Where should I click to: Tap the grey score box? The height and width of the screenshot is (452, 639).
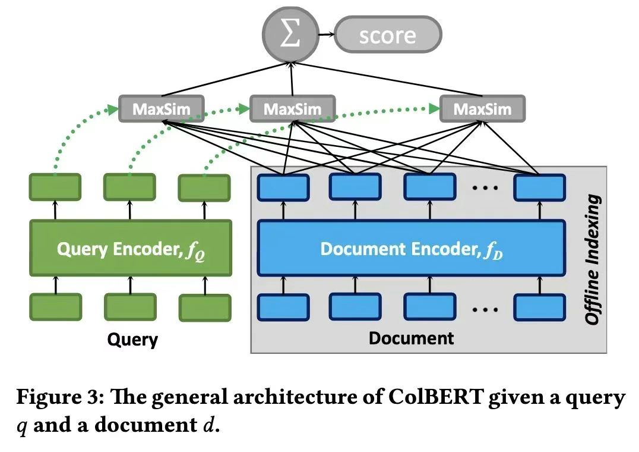[388, 35]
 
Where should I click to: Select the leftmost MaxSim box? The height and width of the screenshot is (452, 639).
[162, 109]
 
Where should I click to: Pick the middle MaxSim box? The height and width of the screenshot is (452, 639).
[292, 109]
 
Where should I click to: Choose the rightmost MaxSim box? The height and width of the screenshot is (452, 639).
[482, 109]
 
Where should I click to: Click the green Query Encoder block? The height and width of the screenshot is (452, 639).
[130, 248]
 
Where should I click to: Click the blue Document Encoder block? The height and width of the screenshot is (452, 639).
[411, 248]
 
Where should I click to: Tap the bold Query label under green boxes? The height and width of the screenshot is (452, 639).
[132, 340]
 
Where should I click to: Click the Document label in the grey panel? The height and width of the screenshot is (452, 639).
[411, 338]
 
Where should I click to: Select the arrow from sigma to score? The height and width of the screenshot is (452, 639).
[325, 35]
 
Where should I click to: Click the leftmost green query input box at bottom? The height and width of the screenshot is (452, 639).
[55, 307]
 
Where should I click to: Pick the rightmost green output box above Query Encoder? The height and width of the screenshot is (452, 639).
[204, 188]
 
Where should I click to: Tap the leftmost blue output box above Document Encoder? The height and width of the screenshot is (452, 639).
[283, 187]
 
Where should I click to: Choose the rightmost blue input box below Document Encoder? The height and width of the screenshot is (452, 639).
[539, 307]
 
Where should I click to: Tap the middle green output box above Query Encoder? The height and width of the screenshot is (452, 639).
[129, 187]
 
